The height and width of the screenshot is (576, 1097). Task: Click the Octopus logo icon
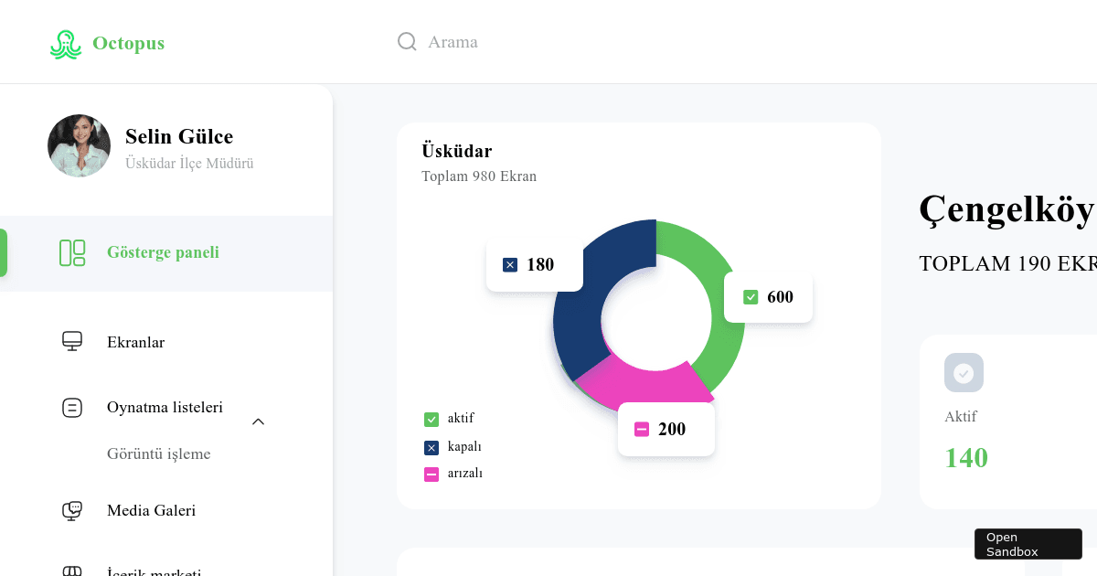tap(65, 44)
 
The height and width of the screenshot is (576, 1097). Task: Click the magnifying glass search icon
tap(407, 42)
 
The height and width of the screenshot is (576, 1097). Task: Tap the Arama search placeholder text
tap(453, 42)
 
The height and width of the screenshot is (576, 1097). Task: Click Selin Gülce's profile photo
tap(79, 145)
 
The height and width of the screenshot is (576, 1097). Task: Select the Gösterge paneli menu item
tap(163, 253)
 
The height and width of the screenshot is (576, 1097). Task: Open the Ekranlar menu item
tap(135, 343)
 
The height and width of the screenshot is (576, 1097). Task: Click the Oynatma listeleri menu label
tap(165, 408)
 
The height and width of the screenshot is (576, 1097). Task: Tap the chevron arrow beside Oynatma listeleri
tap(258, 421)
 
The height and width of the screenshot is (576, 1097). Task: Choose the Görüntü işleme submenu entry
tap(158, 454)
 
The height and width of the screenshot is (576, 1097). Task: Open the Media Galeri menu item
tap(151, 511)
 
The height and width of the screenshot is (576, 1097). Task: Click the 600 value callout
tap(768, 297)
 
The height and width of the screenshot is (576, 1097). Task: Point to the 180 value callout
tap(534, 265)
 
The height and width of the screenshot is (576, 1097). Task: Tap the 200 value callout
tap(666, 430)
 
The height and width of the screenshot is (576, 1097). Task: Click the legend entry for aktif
tap(450, 420)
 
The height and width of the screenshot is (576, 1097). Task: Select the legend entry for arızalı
tap(453, 474)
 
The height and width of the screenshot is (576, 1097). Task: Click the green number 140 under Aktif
tap(966, 458)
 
